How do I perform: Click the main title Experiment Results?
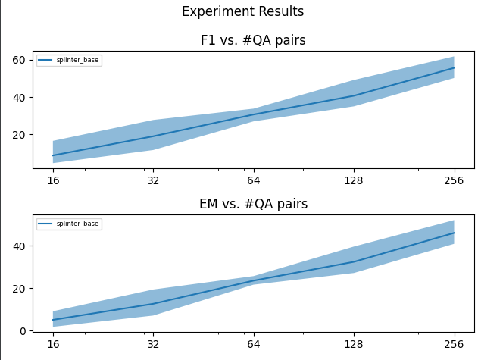coord(242,11)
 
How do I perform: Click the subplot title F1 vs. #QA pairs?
coord(253,40)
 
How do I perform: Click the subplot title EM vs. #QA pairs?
coord(253,204)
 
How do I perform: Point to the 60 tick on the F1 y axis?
coord(22,60)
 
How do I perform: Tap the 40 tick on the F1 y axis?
coord(22,97)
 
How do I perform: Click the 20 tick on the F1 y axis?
coord(22,134)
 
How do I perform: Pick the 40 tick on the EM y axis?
coord(22,246)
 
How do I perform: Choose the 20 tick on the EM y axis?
coord(22,289)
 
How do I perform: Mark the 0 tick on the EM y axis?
coord(25,330)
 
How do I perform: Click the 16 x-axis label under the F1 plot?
coord(53,181)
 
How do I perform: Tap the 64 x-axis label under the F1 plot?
coord(254,181)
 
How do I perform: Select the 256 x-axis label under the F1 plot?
coord(454,181)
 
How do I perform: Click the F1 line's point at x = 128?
coord(354,95)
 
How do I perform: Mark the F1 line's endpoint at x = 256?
coord(454,68)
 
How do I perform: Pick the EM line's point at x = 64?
coord(254,280)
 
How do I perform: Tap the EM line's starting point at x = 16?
coord(53,320)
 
